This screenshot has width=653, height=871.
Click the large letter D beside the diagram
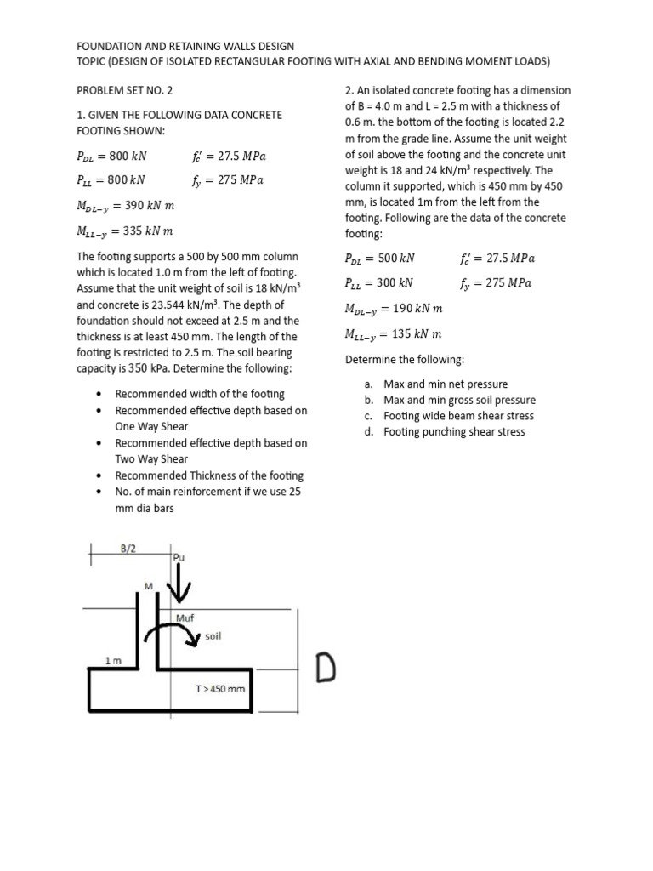tap(328, 668)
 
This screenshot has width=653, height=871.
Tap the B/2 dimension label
tap(128, 549)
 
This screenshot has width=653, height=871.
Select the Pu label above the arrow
tap(179, 558)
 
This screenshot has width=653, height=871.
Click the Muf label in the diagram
tap(185, 617)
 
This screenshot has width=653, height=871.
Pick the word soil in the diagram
tap(213, 635)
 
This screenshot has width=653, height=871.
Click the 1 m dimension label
tap(112, 660)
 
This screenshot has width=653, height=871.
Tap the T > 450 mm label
tap(220, 688)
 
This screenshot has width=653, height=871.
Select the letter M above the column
tap(149, 586)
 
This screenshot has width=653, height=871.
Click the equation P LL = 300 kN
tap(379, 283)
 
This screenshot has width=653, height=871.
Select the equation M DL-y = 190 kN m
tap(394, 309)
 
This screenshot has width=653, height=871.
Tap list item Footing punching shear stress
tap(454, 432)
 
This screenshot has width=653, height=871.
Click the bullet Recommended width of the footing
tap(200, 394)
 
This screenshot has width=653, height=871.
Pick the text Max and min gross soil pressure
tap(459, 400)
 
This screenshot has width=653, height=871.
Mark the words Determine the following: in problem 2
tap(405, 360)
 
